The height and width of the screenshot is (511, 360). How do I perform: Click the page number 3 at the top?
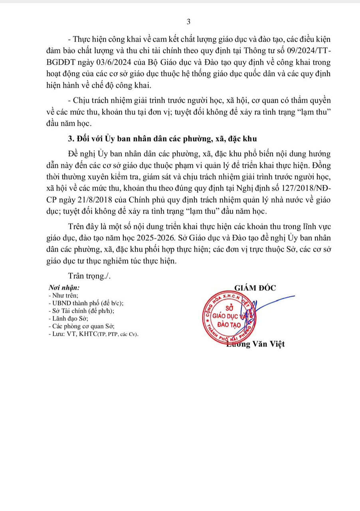pyautogui.click(x=188, y=21)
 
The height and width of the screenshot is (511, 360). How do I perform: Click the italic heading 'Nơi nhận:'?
pyautogui.click(x=64, y=288)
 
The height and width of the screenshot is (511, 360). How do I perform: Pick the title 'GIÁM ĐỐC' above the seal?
pyautogui.click(x=256, y=288)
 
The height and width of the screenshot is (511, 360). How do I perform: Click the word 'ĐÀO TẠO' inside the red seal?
pyautogui.click(x=229, y=325)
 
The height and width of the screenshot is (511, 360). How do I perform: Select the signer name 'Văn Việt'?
pyautogui.click(x=268, y=344)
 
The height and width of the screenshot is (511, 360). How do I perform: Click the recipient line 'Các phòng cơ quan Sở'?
pyautogui.click(x=78, y=326)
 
